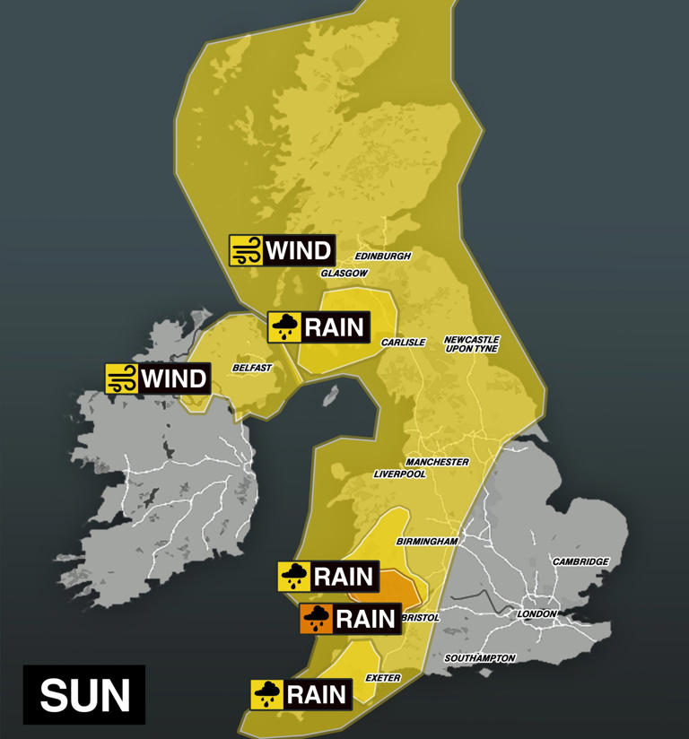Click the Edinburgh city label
(x=383, y=256)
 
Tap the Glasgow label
(x=345, y=273)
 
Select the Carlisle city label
(x=403, y=343)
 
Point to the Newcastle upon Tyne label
(x=471, y=344)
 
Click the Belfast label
(x=251, y=368)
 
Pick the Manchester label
(x=437, y=462)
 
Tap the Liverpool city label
(x=399, y=474)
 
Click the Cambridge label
(x=580, y=562)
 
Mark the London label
(x=537, y=613)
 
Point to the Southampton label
(x=480, y=658)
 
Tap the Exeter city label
(x=383, y=678)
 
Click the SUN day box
(x=84, y=694)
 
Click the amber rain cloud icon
(x=316, y=618)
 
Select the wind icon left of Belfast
(x=120, y=378)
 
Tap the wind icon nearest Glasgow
(x=245, y=249)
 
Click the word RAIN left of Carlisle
(x=335, y=327)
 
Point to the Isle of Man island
(x=330, y=396)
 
